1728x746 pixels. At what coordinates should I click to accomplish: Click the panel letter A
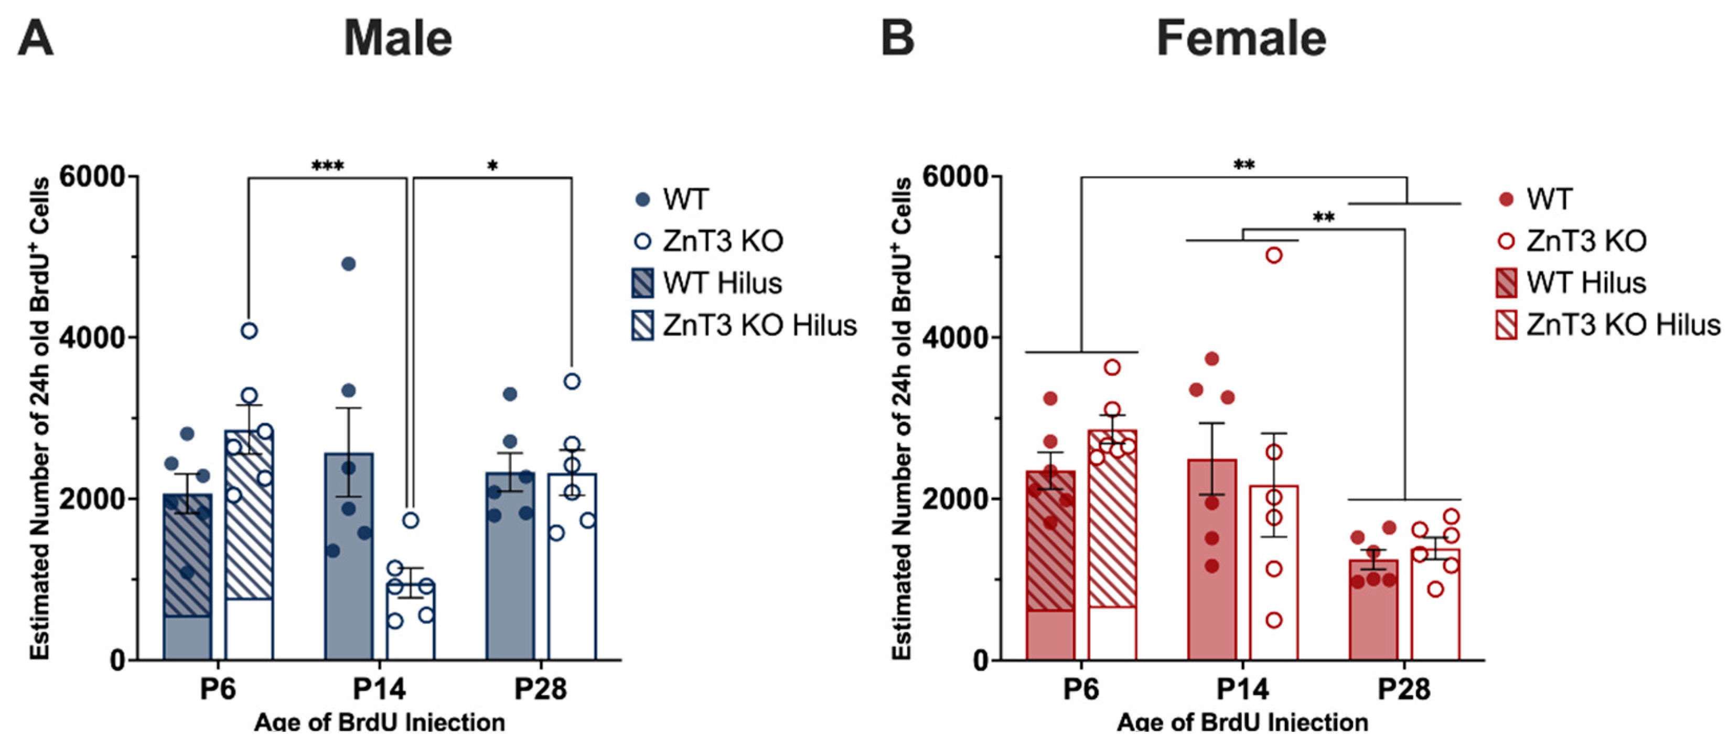[x=36, y=38]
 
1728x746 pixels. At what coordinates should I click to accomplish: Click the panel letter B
[x=897, y=38]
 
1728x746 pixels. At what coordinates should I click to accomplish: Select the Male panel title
[x=398, y=38]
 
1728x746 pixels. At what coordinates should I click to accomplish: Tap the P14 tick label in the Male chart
[x=380, y=689]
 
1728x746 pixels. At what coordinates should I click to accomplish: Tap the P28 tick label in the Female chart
[x=1404, y=689]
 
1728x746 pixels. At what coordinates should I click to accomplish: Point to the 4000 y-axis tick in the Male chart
[x=93, y=338]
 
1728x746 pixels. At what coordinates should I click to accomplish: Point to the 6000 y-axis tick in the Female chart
[x=956, y=177]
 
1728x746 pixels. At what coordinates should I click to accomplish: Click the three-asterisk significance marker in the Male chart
[x=327, y=165]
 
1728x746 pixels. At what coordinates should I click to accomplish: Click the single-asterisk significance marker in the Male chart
[x=492, y=165]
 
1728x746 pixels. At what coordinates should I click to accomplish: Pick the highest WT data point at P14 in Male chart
[x=348, y=264]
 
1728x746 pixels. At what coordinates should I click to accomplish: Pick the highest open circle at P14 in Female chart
[x=1274, y=255]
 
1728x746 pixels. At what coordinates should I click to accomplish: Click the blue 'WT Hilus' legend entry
[x=707, y=283]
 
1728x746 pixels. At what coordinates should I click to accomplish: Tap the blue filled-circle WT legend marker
[x=642, y=199]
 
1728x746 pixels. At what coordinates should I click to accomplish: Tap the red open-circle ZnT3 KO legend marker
[x=1506, y=241]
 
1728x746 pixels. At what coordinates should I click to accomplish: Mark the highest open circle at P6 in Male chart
[x=249, y=331]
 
